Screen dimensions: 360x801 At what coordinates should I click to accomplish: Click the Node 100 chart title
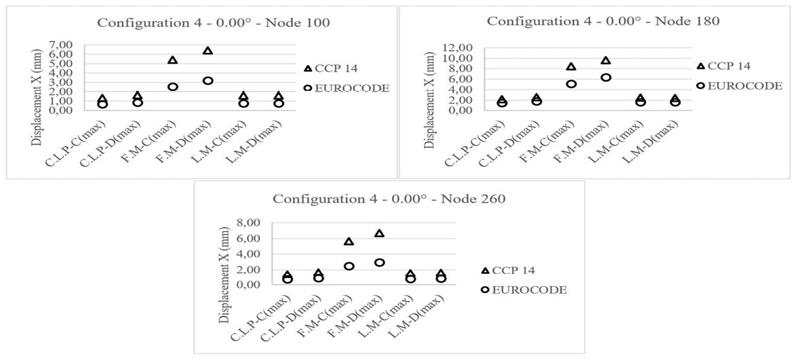click(214, 22)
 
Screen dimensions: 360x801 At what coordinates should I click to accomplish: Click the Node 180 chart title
click(603, 20)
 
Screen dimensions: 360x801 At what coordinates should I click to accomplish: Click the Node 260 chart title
click(389, 199)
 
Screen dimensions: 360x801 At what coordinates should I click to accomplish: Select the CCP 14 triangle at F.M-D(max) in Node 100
click(208, 51)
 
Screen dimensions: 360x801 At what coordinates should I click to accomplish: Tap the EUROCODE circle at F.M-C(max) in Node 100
click(173, 87)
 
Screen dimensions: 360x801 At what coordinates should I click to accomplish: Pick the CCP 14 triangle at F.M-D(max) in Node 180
click(606, 60)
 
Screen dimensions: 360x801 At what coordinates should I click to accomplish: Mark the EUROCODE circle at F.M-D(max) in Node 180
click(606, 77)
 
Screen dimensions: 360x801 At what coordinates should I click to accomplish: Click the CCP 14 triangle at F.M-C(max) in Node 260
click(349, 241)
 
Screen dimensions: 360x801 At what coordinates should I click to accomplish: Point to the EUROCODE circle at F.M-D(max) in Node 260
click(379, 262)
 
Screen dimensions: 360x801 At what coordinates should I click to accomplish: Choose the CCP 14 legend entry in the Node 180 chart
click(729, 66)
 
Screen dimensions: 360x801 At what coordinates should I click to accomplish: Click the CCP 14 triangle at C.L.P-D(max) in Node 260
click(319, 274)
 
